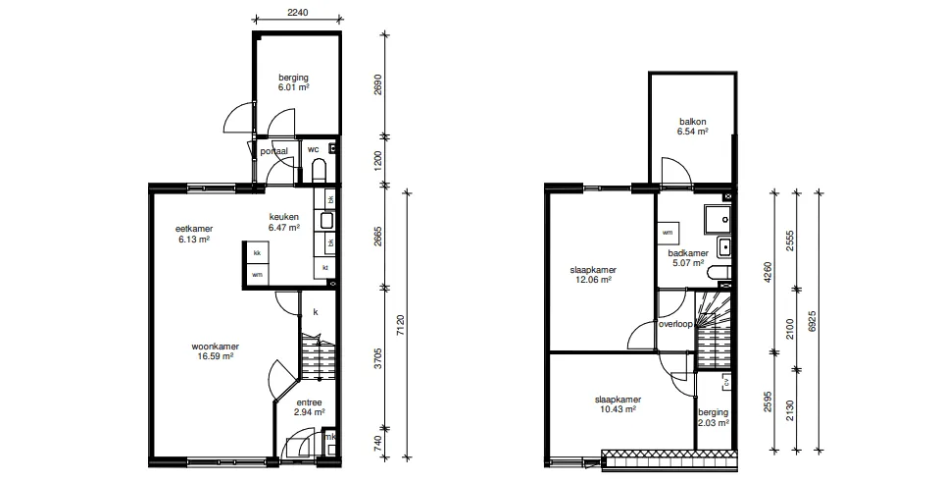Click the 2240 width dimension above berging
(298, 12)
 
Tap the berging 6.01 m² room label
(293, 82)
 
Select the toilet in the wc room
(319, 170)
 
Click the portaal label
(273, 151)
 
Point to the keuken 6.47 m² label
(283, 222)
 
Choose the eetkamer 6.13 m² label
(194, 234)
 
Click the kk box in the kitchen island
(257, 252)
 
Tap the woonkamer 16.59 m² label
(215, 351)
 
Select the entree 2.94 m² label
(309, 407)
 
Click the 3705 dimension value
(378, 356)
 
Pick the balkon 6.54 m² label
(693, 127)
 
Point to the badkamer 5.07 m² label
(688, 258)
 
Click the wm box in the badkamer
(668, 233)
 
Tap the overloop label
(675, 324)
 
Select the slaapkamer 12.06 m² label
(593, 275)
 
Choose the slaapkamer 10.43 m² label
(618, 404)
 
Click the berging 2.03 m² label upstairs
(713, 417)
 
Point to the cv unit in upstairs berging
(725, 382)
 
